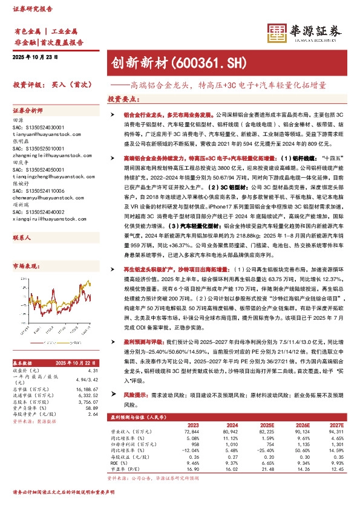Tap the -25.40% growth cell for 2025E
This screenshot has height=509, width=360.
[x=265, y=451]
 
